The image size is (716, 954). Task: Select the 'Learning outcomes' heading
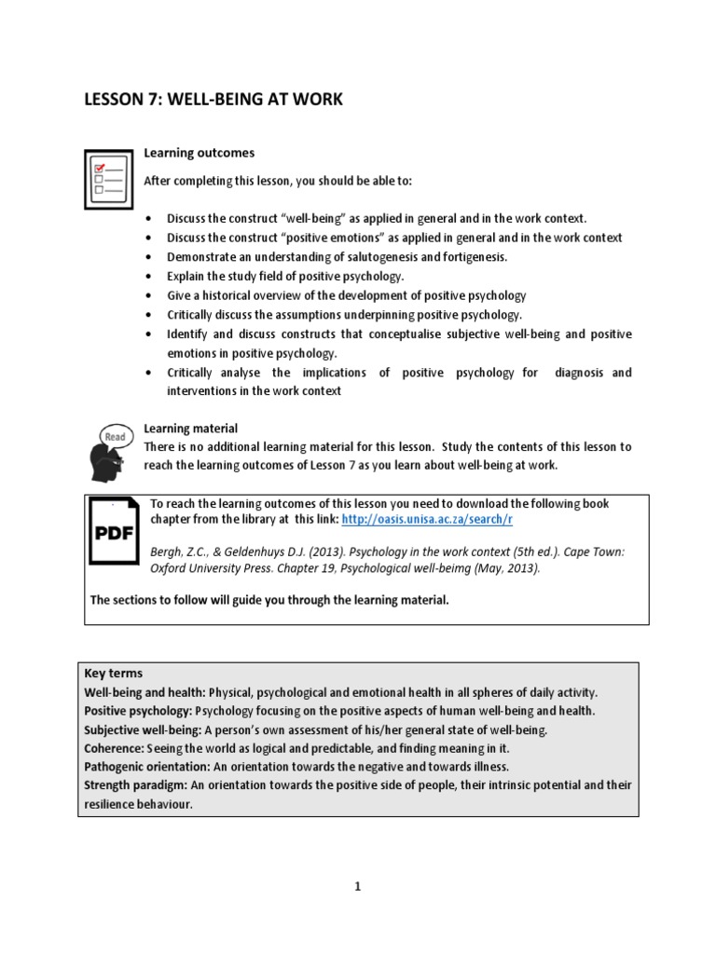point(199,153)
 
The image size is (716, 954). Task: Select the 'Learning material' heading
point(190,429)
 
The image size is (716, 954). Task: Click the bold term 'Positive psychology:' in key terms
point(139,711)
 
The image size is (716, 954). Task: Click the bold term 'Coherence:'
point(117,748)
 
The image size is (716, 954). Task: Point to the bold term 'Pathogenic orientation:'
point(151,767)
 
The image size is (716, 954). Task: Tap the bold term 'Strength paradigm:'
point(137,785)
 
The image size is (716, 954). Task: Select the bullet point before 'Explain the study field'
point(149,277)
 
